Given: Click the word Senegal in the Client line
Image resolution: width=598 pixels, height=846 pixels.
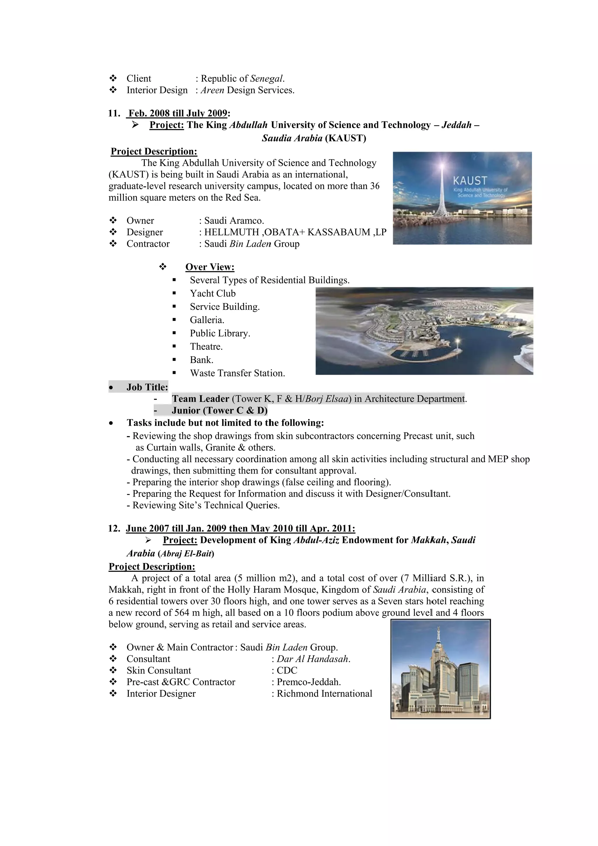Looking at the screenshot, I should click(x=267, y=79).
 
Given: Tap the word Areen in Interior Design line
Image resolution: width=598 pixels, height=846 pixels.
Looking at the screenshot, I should click(x=212, y=90).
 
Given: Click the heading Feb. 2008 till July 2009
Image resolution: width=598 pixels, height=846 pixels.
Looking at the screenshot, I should click(x=178, y=113).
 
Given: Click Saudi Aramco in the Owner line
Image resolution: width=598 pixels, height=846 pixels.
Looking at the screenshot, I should click(x=234, y=221).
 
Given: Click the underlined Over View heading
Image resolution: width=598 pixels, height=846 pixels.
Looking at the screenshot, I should click(x=210, y=267).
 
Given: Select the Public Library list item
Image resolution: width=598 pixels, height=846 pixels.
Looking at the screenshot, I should click(x=220, y=333).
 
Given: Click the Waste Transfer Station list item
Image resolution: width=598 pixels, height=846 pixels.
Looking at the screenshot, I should click(x=237, y=373).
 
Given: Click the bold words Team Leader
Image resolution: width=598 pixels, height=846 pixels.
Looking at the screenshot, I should click(x=200, y=399).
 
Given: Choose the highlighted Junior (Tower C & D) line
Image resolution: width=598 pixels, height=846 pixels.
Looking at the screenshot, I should click(x=219, y=411).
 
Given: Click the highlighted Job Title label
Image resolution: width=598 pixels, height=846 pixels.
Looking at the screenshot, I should click(x=147, y=387).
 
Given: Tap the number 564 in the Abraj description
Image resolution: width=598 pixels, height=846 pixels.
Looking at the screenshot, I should click(x=182, y=613).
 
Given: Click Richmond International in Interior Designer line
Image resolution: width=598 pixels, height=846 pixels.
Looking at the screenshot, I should click(x=324, y=694).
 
